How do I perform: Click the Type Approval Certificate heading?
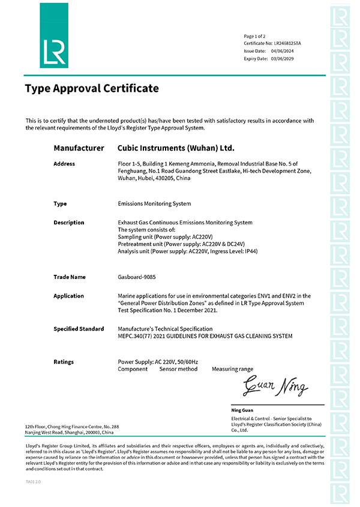click(x=92, y=89)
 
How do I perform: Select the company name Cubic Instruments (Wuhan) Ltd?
click(x=176, y=148)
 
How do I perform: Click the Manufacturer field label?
click(x=79, y=148)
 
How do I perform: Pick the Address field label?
click(x=64, y=164)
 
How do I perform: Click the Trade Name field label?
click(x=70, y=277)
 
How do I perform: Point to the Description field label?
click(x=69, y=223)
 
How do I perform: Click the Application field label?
click(x=68, y=296)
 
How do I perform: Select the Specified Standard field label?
click(x=79, y=329)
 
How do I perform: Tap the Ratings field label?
click(x=64, y=362)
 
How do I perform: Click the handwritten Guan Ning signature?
click(x=275, y=386)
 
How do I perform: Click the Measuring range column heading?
click(x=232, y=369)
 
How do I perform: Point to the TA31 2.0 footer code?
click(x=34, y=481)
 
